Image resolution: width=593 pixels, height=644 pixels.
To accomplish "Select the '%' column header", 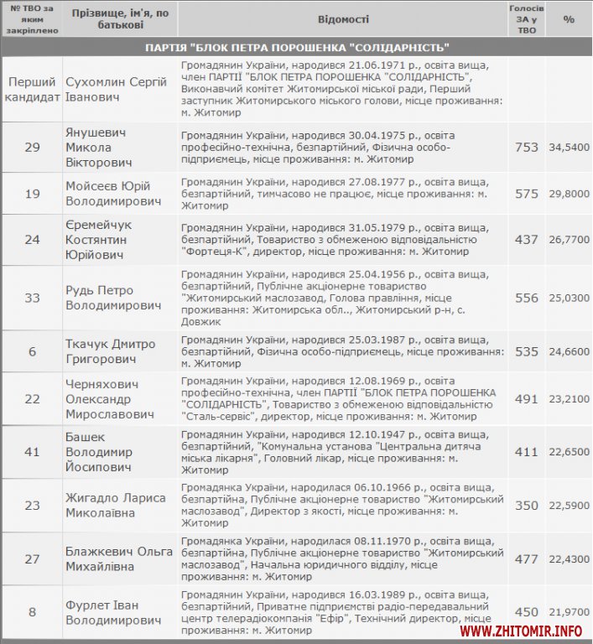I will pyautogui.click(x=569, y=18).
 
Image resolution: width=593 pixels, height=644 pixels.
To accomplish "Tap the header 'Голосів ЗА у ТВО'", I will pyautogui.click(x=526, y=18).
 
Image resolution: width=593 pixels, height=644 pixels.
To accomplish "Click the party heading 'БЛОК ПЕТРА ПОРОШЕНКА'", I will pyautogui.click(x=296, y=47).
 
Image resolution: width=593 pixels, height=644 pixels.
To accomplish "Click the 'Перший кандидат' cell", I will pyautogui.click(x=32, y=89).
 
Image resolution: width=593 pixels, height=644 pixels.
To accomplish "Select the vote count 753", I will pyautogui.click(x=526, y=147).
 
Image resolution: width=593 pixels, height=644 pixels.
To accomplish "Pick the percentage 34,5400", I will pyautogui.click(x=570, y=147).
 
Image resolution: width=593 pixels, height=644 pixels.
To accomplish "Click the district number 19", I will pyautogui.click(x=32, y=194).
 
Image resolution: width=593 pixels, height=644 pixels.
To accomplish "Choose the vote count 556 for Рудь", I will pyautogui.click(x=526, y=298).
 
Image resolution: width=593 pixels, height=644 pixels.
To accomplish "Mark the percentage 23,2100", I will pyautogui.click(x=570, y=399).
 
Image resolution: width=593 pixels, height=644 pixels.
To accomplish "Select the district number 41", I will pyautogui.click(x=32, y=452).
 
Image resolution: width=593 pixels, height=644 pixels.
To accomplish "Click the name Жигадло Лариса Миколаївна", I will pyautogui.click(x=115, y=505).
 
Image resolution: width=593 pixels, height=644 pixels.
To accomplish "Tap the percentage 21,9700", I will pyautogui.click(x=570, y=612).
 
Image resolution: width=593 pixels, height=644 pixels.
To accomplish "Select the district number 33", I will pyautogui.click(x=32, y=298).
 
